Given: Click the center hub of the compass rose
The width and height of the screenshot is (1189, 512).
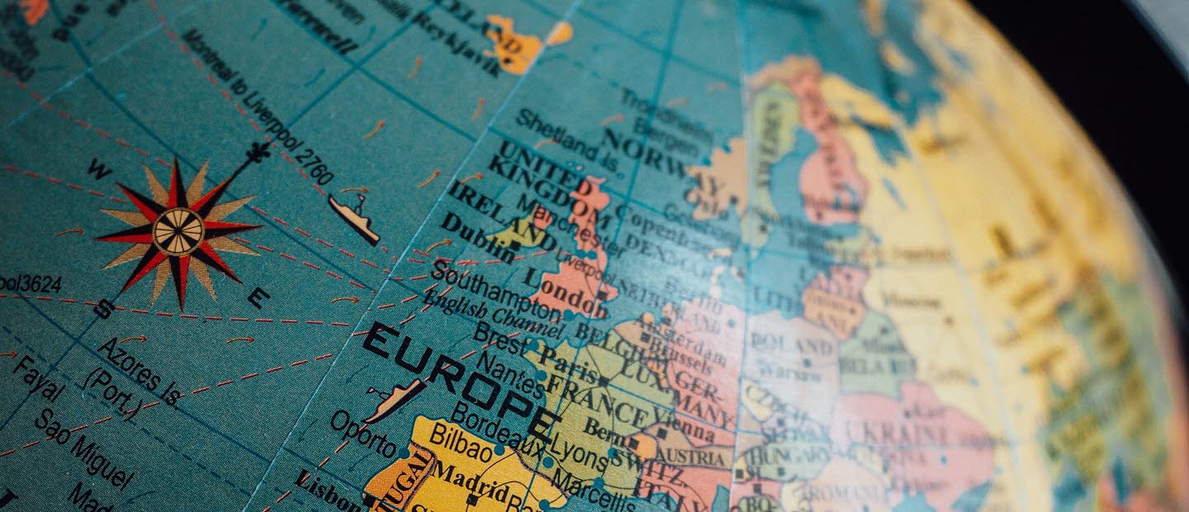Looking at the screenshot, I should pyautogui.click(x=178, y=231).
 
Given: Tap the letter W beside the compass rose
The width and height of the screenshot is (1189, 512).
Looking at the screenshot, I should pyautogui.click(x=99, y=169).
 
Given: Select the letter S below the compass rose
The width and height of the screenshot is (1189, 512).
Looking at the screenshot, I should pyautogui.click(x=104, y=309).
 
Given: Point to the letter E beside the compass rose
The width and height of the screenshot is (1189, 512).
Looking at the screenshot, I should pyautogui.click(x=258, y=297).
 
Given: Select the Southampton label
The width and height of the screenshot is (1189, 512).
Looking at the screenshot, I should pyautogui.click(x=495, y=291).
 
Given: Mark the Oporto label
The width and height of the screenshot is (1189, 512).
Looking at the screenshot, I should pyautogui.click(x=363, y=433).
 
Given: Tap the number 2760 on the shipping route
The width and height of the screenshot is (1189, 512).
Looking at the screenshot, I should pyautogui.click(x=315, y=167).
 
